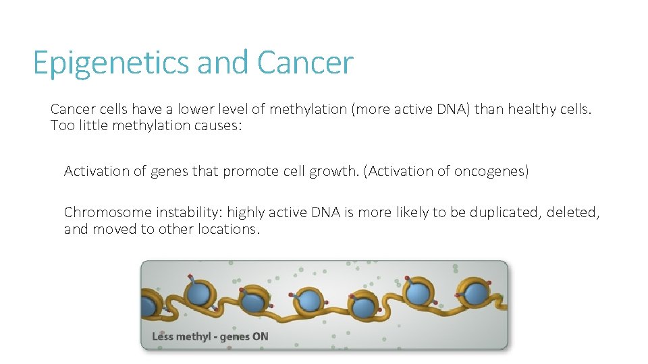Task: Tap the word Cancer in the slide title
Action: click(x=305, y=63)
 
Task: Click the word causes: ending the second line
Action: click(x=217, y=125)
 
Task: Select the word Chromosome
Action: click(x=107, y=212)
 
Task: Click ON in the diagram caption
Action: click(x=260, y=336)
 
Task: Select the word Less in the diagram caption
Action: click(x=163, y=336)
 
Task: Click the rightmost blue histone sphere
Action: click(x=477, y=294)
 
